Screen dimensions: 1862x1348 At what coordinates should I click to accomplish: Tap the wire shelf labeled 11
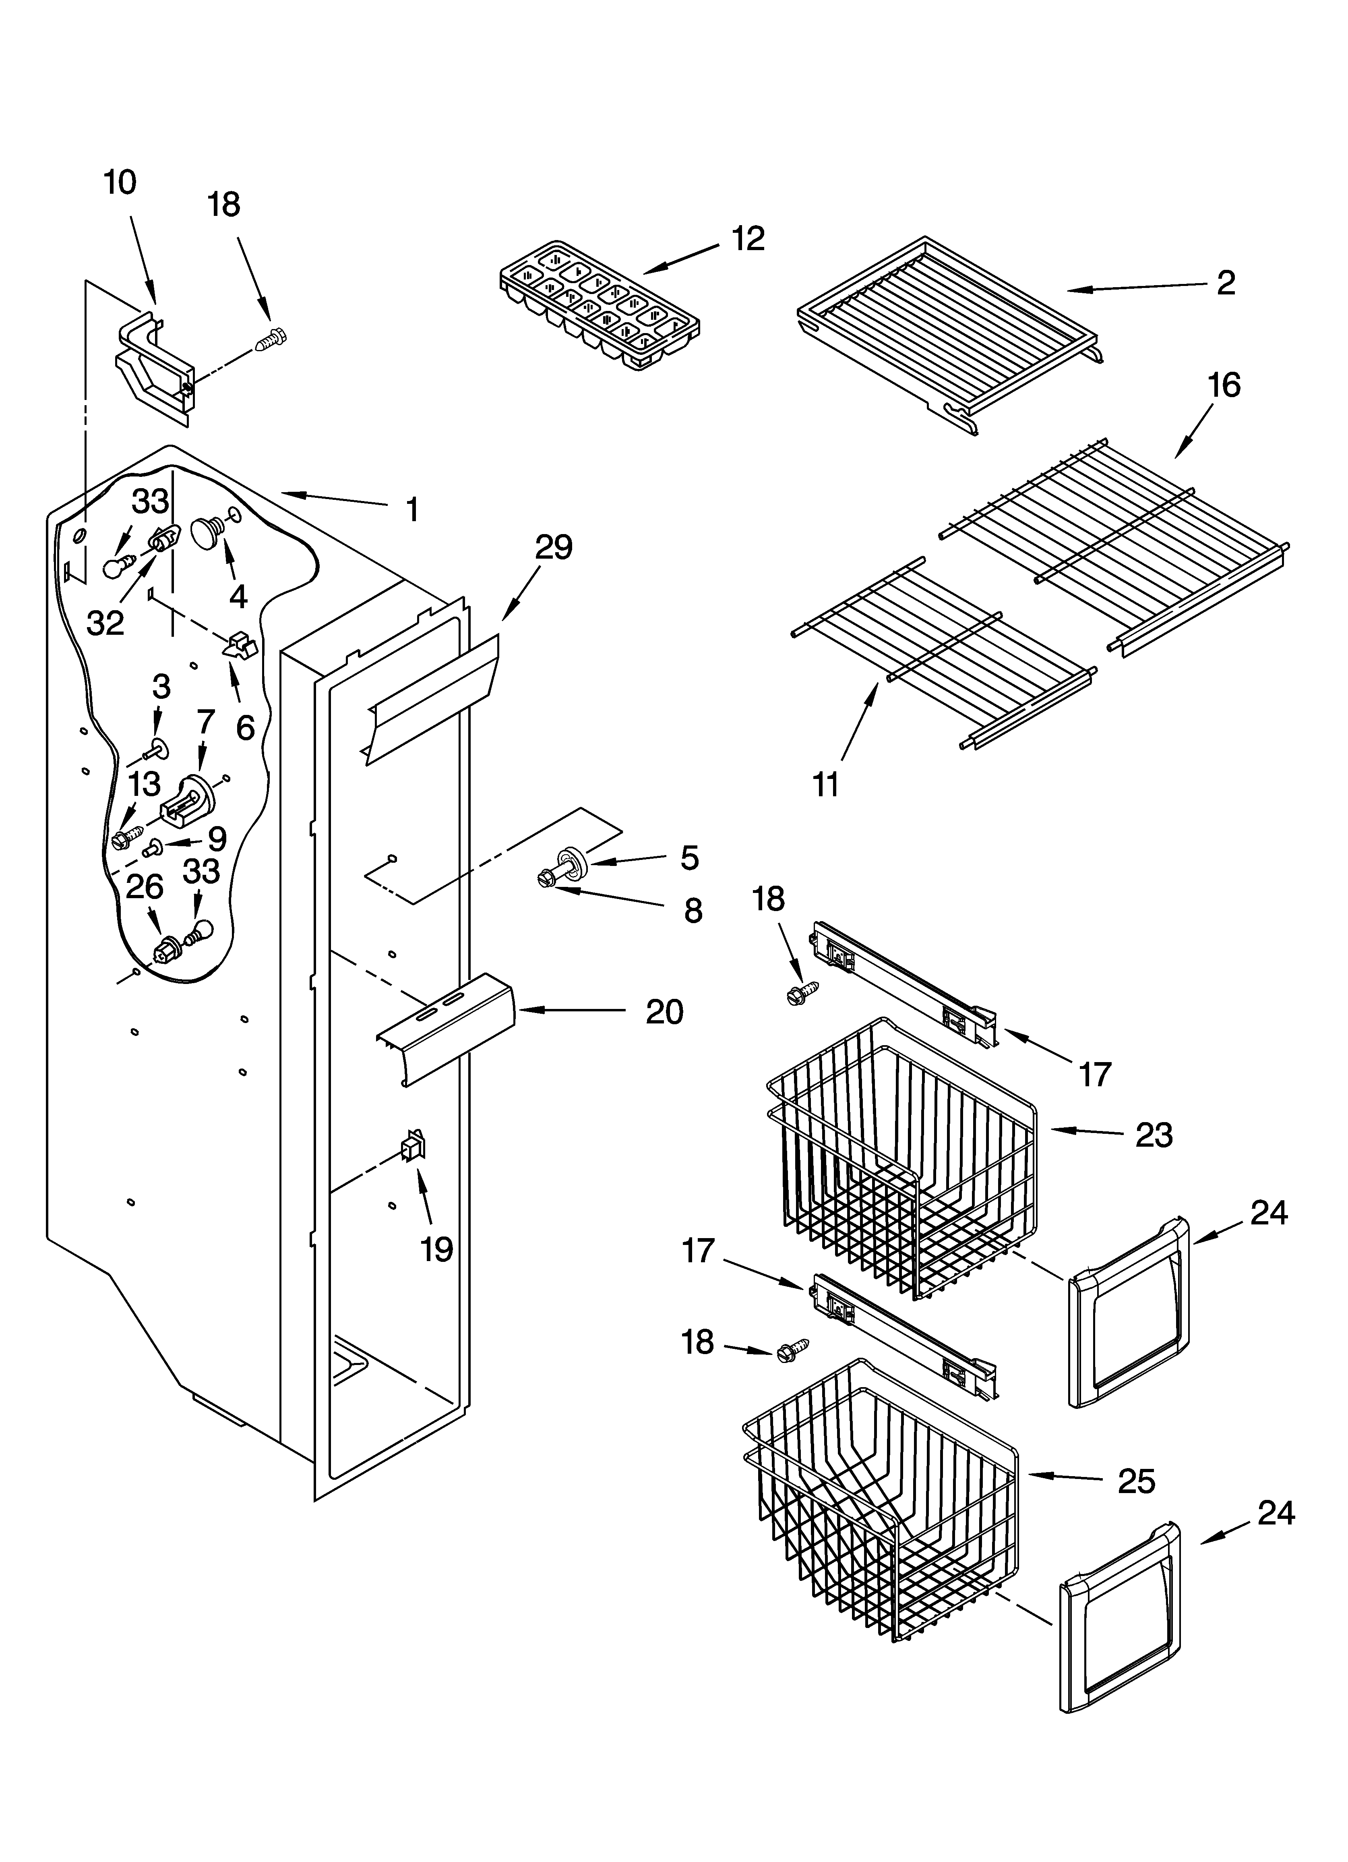(x=944, y=652)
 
